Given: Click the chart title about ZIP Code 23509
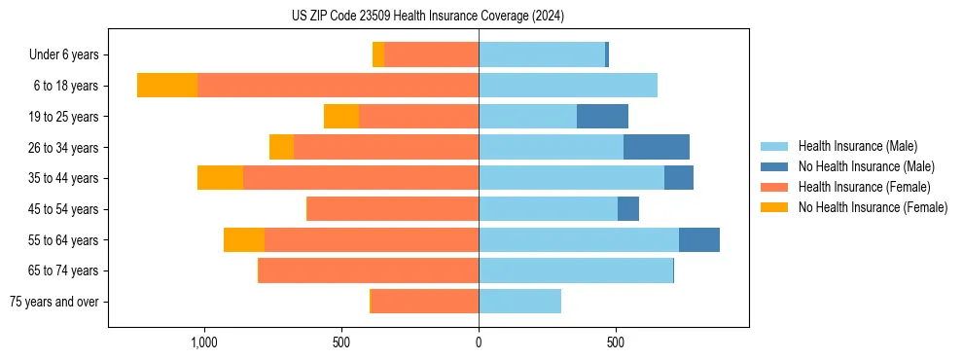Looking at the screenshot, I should (x=428, y=16).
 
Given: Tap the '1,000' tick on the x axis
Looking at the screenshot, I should (x=204, y=342).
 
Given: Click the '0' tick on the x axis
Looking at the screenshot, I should (x=479, y=342).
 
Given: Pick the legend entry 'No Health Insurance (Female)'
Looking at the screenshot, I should (x=873, y=207).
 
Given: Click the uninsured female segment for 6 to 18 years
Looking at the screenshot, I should (x=167, y=86).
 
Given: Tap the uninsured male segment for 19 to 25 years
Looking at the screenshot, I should (x=602, y=117).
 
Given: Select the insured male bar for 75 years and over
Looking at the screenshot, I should (x=519, y=302).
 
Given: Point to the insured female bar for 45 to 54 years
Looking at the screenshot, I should (x=393, y=209).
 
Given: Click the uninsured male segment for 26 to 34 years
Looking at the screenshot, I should (x=657, y=147).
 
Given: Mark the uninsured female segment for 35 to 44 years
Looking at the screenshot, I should (x=220, y=178).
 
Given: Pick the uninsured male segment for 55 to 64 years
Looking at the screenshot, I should (x=699, y=240).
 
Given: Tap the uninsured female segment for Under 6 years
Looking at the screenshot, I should (x=378, y=54).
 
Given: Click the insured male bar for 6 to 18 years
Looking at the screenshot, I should (x=568, y=86).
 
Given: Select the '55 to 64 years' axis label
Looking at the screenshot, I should (x=62, y=240).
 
